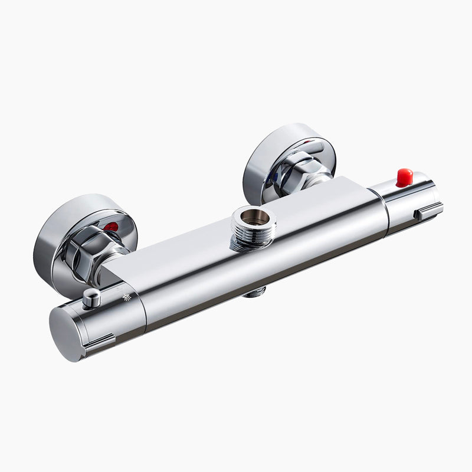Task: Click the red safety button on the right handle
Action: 404,177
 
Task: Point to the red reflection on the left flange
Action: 110,227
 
